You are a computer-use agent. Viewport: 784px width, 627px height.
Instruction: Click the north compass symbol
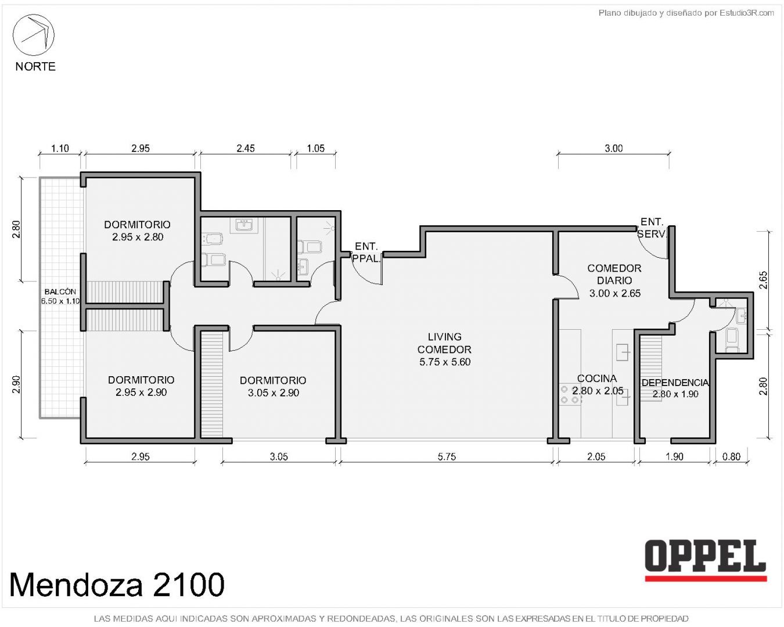pos(34,35)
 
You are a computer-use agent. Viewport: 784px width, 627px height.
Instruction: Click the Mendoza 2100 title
pos(117,585)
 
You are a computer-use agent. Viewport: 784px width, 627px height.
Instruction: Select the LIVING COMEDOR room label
pos(444,349)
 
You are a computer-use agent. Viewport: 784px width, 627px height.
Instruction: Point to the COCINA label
pos(597,379)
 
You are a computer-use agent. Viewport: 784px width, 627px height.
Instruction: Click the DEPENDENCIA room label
pos(675,383)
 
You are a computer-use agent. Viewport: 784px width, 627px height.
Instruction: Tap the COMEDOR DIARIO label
pos(614,275)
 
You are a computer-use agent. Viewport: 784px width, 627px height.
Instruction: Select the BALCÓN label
pos(60,291)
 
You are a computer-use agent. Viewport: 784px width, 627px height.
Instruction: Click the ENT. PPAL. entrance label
pos(366,253)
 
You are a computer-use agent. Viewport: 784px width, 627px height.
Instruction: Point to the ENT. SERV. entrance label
pos(652,228)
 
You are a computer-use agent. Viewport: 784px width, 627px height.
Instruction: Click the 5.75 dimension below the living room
pos(447,456)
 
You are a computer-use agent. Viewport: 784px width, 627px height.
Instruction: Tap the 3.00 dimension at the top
pos(614,148)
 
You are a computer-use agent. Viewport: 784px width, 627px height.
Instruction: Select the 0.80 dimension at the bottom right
pos(731,456)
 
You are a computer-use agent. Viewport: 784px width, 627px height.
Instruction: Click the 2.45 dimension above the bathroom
pos(246,148)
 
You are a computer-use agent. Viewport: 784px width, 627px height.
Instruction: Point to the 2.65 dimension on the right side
pos(763,280)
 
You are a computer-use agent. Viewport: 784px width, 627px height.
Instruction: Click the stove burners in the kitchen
pos(570,394)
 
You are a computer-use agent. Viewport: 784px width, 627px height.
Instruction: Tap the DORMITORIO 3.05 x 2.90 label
pos(273,387)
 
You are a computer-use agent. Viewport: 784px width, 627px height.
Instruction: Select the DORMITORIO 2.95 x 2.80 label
pos(138,230)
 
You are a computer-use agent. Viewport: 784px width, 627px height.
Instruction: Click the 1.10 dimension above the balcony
pos(60,148)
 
